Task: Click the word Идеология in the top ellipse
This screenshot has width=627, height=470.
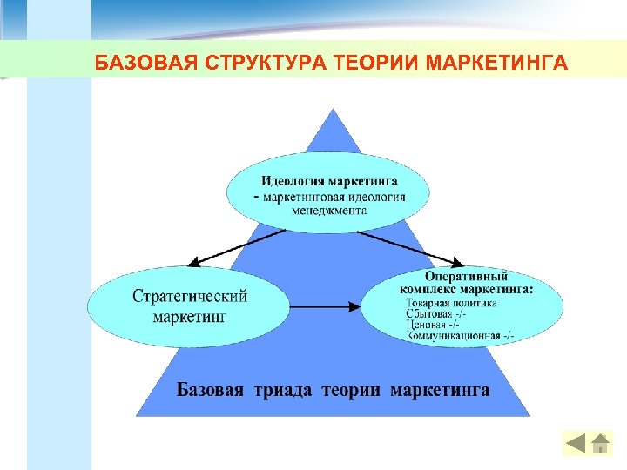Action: pos(293,182)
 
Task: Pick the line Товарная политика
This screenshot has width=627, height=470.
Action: pos(452,304)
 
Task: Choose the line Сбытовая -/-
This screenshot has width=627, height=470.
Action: pos(436,314)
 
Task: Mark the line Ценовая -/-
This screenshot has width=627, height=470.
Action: pos(433,325)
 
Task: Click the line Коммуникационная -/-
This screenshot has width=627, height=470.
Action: pos(460,336)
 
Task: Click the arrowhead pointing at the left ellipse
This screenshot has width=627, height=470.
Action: pos(194,263)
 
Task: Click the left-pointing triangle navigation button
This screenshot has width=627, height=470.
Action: pos(576,443)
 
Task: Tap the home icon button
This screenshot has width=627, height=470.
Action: pos(600,443)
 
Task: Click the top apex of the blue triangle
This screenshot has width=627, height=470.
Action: pos(332,110)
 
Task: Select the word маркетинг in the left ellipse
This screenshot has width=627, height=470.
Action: pos(190,316)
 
